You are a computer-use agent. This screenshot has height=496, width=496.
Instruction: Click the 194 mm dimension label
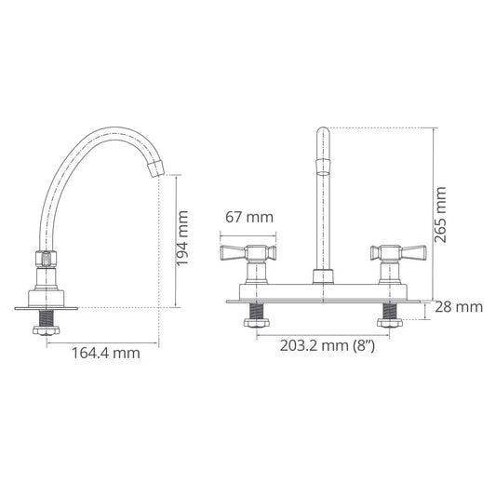click(x=184, y=242)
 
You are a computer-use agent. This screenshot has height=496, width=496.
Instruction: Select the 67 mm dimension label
click(x=249, y=217)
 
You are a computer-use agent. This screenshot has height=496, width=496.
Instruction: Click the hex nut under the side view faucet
click(x=46, y=329)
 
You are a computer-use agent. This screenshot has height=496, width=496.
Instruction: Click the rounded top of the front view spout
click(x=322, y=133)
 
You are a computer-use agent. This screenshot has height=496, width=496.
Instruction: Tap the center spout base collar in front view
click(x=322, y=276)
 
